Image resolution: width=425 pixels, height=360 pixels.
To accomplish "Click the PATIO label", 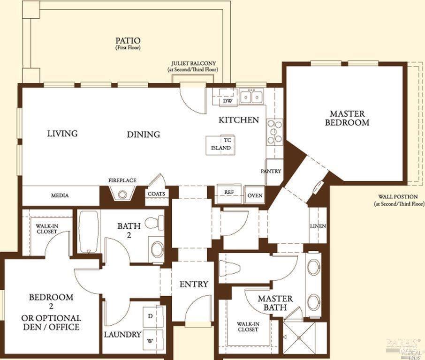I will point(128,41).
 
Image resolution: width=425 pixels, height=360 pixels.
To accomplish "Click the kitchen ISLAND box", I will point(220,145).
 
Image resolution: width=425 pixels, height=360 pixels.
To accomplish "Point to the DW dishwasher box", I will point(228,100).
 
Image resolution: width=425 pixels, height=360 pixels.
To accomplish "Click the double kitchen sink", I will point(251,97).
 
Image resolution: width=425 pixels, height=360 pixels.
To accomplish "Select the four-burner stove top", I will point(275,132).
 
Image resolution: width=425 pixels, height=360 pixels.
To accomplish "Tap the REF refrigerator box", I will point(229,193).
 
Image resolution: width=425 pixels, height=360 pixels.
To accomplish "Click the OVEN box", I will point(255,195).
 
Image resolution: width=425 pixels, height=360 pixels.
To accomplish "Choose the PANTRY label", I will point(271,172).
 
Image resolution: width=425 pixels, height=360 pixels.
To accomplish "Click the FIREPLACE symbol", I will point(122,194).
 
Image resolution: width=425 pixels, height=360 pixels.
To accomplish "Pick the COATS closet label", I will point(156,194).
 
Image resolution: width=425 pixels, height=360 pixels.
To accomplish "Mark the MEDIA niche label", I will point(60,195).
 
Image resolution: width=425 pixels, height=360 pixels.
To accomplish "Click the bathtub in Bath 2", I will point(89,231).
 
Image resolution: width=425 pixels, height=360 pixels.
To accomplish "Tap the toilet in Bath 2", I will point(155,223).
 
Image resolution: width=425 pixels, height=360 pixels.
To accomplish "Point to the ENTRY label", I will point(194,284).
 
